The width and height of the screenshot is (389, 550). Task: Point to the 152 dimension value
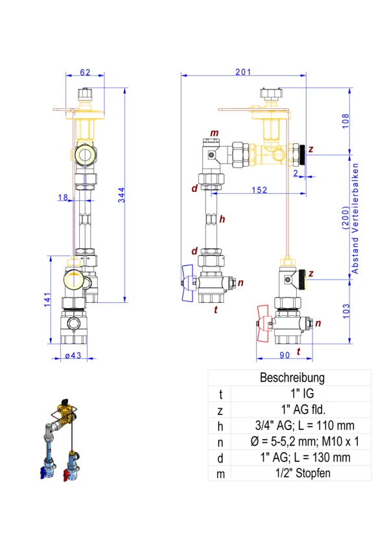coord(260,189)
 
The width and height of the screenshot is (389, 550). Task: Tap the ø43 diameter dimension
coord(72,355)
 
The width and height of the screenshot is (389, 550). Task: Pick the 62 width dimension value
coord(85,73)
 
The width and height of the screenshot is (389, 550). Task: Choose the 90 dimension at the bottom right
coord(284,355)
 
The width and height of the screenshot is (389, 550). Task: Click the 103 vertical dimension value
coord(346,311)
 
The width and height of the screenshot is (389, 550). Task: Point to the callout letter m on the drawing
coord(215,134)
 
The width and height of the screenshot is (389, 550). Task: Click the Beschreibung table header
coord(292,377)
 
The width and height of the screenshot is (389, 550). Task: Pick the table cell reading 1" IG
coord(301,393)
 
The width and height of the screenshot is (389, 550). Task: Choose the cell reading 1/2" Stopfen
coord(301,473)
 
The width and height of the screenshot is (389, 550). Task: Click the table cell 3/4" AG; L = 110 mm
coord(301,425)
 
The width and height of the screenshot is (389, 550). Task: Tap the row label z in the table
coord(220,409)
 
